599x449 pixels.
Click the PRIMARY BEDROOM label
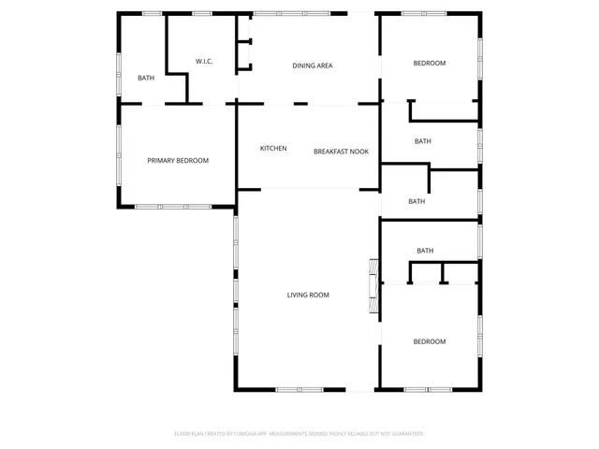click(x=178, y=160)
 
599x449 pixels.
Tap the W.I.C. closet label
click(x=204, y=62)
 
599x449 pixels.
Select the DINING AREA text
click(x=312, y=65)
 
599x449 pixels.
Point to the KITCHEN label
click(x=273, y=149)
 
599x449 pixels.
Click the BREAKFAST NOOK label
click(x=341, y=151)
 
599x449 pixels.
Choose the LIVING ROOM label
click(x=308, y=295)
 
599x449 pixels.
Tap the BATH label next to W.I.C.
click(x=146, y=78)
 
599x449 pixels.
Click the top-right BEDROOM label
click(x=430, y=63)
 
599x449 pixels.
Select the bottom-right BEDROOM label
click(x=430, y=341)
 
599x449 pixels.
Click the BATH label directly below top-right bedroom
click(x=423, y=141)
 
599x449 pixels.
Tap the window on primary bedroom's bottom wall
click(x=160, y=206)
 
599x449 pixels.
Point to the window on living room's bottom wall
click(x=299, y=389)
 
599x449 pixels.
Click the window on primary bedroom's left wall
click(x=118, y=154)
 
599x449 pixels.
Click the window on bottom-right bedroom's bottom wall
click(x=430, y=389)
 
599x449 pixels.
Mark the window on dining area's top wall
click(x=284, y=13)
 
